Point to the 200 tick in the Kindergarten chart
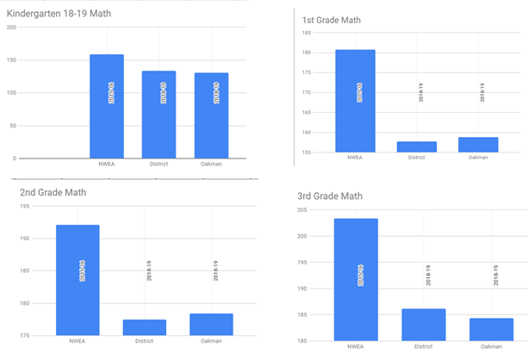click(x=11, y=27)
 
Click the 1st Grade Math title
click(x=332, y=20)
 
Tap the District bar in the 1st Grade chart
click(x=417, y=146)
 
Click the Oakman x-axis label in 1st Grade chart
click(x=479, y=158)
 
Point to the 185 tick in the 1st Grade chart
click(x=306, y=33)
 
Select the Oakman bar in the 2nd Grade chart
click(x=211, y=325)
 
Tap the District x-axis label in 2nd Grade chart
click(x=145, y=341)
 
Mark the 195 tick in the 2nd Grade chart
click(x=11, y=206)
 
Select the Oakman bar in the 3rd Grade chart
click(x=491, y=329)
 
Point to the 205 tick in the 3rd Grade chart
click(x=302, y=209)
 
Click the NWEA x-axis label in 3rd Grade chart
click(x=355, y=348)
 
